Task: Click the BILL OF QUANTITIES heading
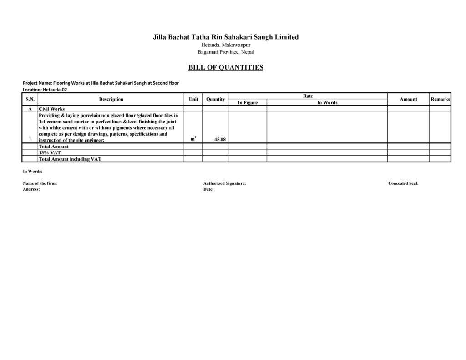[226, 68]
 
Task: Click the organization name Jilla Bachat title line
[226, 37]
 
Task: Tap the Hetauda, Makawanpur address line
[226, 45]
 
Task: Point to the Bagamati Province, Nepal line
[226, 52]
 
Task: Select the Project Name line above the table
[101, 83]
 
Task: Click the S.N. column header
[30, 99]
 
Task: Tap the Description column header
[111, 99]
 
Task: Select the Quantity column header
[215, 99]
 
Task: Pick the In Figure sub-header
[248, 103]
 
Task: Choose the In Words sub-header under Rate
[327, 103]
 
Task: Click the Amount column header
[408, 99]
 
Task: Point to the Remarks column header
[440, 99]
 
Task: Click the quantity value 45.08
[220, 140]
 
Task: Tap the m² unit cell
[193, 139]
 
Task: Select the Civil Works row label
[52, 109]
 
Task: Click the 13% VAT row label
[50, 153]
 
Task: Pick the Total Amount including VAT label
[70, 159]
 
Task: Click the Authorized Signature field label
[225, 183]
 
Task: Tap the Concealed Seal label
[403, 183]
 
